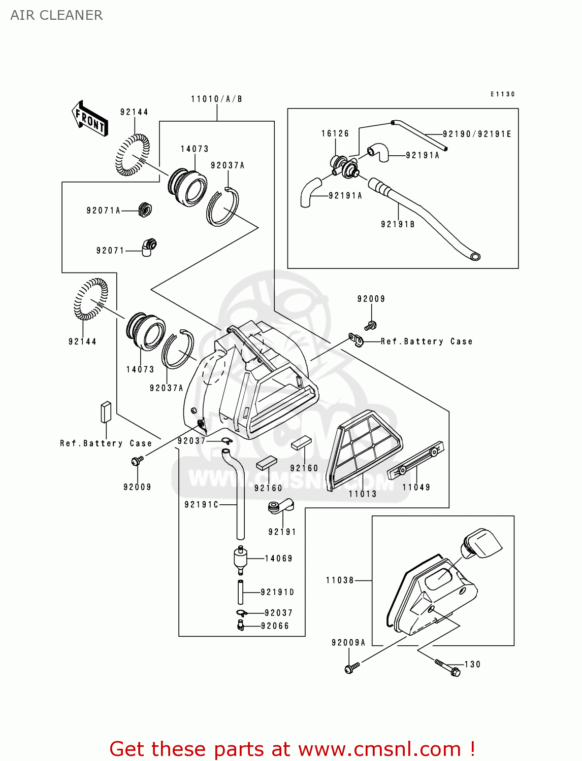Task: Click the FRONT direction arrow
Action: point(90,119)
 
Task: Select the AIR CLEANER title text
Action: point(56,15)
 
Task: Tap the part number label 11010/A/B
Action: point(216,99)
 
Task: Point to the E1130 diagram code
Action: point(502,94)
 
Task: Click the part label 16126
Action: point(335,133)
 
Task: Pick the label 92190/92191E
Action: point(477,134)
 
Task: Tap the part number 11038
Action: point(340,580)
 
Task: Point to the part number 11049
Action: point(416,487)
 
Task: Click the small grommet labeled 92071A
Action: point(145,209)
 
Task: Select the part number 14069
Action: point(278,558)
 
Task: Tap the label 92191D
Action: point(277,592)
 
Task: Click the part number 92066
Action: point(275,626)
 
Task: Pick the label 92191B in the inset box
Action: point(398,224)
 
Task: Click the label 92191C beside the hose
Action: point(201,504)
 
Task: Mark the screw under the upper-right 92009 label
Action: point(371,325)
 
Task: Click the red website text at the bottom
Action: point(292,749)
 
